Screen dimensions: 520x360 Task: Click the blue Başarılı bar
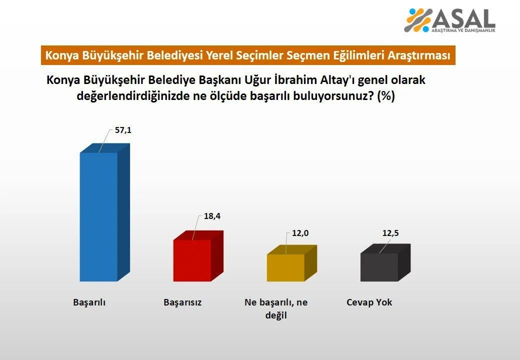[105, 212]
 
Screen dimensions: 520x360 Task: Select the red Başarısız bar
[198, 256]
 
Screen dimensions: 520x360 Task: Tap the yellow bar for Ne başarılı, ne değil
[292, 263]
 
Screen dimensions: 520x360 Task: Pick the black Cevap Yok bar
[385, 262]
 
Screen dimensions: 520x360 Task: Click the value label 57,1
[123, 130]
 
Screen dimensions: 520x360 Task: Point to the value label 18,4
[212, 216]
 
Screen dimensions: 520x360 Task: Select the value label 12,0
[300, 233]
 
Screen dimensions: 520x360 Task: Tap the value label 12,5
[390, 233]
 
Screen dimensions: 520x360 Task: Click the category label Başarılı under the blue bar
[89, 302]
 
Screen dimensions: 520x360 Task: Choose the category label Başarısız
[182, 302]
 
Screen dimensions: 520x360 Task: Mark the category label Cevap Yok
[369, 302]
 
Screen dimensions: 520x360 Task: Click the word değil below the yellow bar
[276, 315]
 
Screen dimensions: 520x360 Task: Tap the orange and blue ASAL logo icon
[418, 20]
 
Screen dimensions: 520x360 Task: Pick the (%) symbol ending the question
[386, 96]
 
